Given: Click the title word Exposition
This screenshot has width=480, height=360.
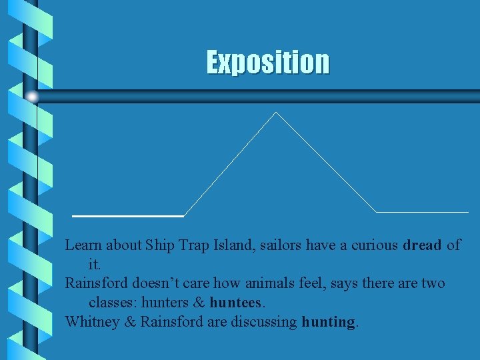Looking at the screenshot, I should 267,62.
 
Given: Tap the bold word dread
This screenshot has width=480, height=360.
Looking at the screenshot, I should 422,245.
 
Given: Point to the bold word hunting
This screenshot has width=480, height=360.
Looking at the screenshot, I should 329,322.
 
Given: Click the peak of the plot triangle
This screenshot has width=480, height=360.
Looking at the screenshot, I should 275,113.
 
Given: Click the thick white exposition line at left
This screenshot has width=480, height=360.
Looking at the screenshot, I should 127,216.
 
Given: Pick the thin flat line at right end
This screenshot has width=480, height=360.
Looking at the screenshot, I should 423,212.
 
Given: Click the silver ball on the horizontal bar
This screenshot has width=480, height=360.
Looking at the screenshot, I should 32,96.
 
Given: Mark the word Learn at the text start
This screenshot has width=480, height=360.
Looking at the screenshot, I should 83,245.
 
